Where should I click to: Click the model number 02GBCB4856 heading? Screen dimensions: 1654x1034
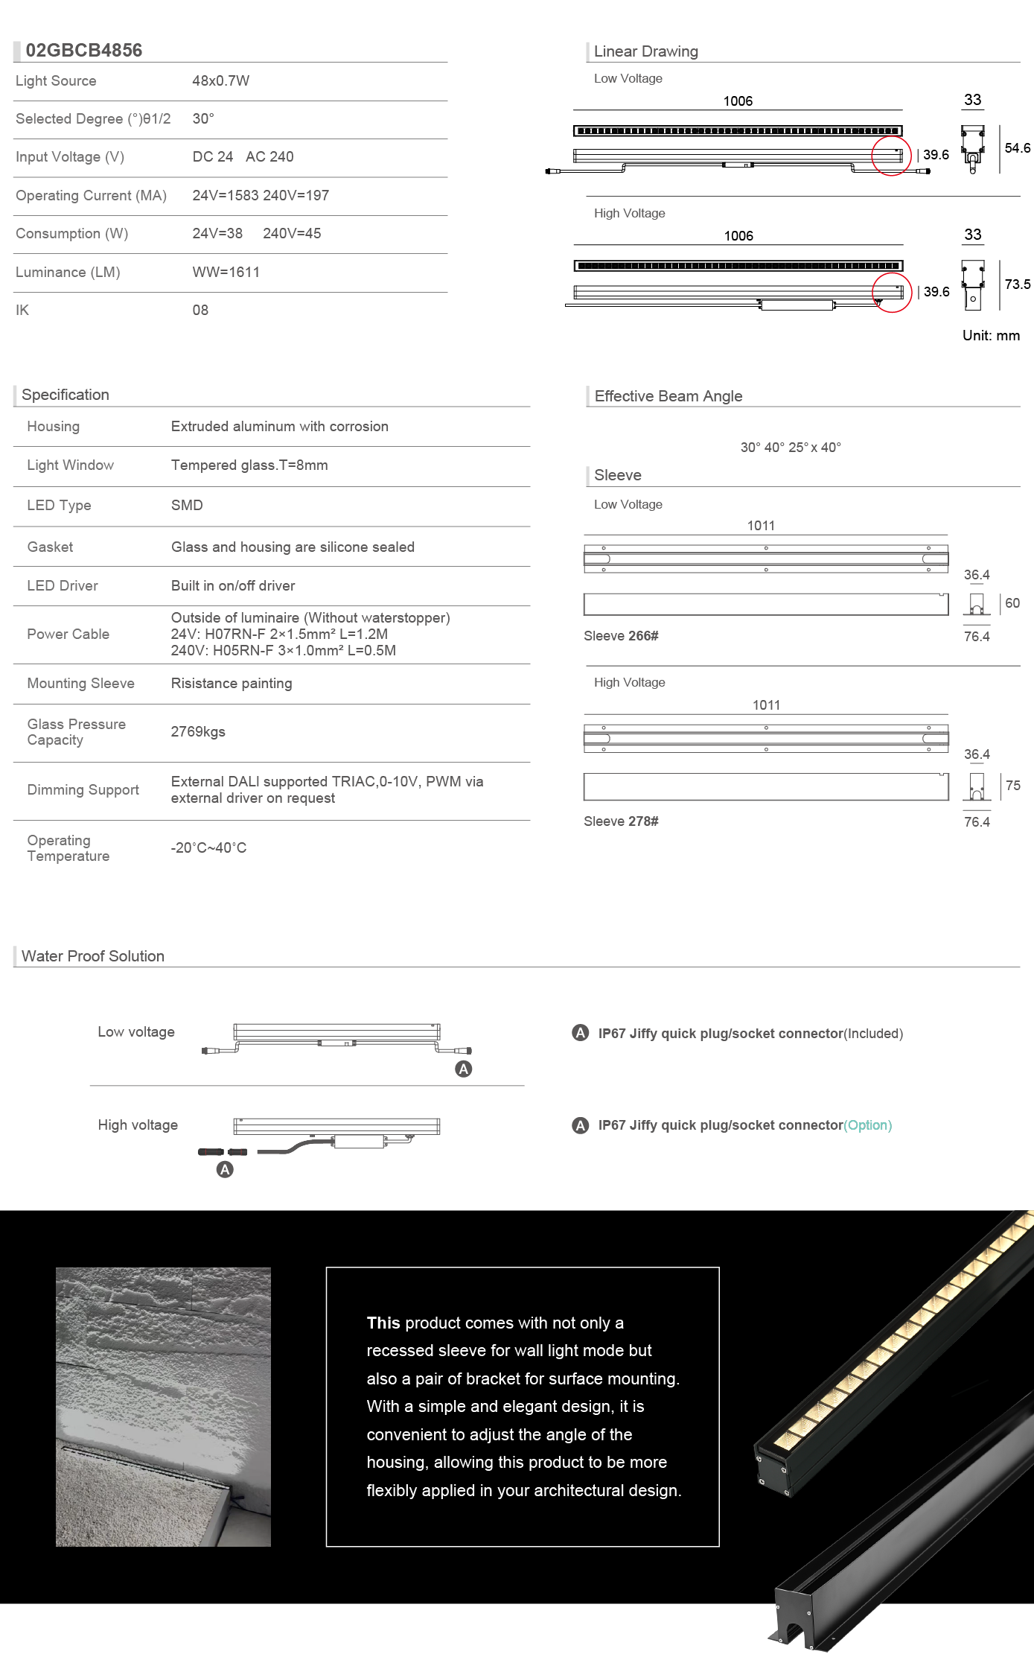coord(83,50)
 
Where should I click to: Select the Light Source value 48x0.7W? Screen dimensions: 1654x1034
coord(220,80)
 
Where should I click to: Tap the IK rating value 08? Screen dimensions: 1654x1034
coord(200,310)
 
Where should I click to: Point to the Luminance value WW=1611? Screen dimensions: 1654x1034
coord(226,272)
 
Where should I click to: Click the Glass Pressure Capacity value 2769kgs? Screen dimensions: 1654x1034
coord(198,731)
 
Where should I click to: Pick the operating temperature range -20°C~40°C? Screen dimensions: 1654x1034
coord(208,847)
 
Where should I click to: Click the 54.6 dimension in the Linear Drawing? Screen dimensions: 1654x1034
coord(1017,148)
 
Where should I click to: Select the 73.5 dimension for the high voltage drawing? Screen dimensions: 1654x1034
coord(1017,284)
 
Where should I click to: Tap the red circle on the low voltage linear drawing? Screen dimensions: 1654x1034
coord(891,156)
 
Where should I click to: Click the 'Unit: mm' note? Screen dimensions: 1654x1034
coord(991,335)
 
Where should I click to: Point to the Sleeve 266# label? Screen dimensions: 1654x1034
coord(621,635)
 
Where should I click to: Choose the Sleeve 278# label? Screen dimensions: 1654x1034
coord(621,821)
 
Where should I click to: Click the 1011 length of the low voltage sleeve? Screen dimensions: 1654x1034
coord(761,525)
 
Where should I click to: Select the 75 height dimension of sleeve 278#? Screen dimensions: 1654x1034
coord(1012,785)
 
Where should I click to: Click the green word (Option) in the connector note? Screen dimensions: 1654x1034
coord(867,1125)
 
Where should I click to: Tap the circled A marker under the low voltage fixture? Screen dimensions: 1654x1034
coord(463,1069)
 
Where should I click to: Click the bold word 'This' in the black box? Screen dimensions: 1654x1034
coord(383,1323)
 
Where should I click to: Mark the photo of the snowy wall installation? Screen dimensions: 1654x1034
coord(163,1406)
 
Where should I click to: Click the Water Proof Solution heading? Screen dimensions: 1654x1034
coord(93,955)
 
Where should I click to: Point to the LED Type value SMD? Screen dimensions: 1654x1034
coord(187,505)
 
